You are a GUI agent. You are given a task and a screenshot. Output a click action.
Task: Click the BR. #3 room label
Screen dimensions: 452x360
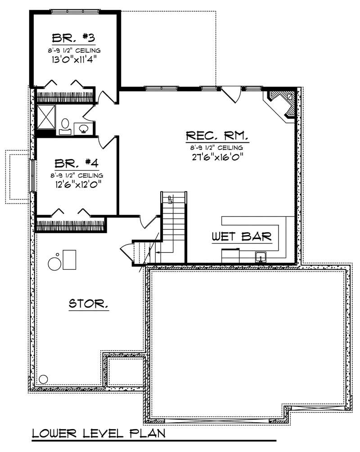pos(75,37)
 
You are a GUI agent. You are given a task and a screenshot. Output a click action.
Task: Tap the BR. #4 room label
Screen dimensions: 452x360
pos(75,163)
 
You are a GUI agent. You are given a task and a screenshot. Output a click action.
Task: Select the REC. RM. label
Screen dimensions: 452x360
pos(217,136)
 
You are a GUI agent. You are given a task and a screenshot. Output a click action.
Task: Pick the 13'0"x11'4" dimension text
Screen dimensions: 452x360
pos(75,59)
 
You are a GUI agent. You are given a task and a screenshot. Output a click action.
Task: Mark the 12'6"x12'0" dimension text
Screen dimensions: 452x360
pos(76,184)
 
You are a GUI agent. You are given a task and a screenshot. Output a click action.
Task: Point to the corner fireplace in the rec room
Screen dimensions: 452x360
pos(281,103)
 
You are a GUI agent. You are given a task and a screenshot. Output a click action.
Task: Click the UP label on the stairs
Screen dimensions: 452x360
pos(170,199)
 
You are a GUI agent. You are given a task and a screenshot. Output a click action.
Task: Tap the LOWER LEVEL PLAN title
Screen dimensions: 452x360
pos(98,434)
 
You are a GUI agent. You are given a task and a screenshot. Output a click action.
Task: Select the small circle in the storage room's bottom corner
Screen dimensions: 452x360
pos(43,379)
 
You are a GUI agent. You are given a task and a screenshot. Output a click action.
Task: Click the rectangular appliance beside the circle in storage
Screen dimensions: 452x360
pos(69,259)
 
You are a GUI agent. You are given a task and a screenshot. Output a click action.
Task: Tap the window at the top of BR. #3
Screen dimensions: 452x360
pos(75,11)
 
